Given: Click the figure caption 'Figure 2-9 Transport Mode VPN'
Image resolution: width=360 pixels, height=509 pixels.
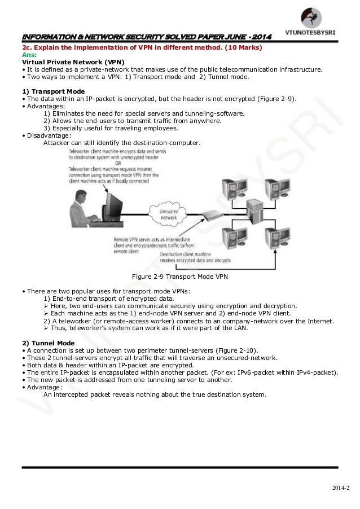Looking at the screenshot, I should point(179,277).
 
